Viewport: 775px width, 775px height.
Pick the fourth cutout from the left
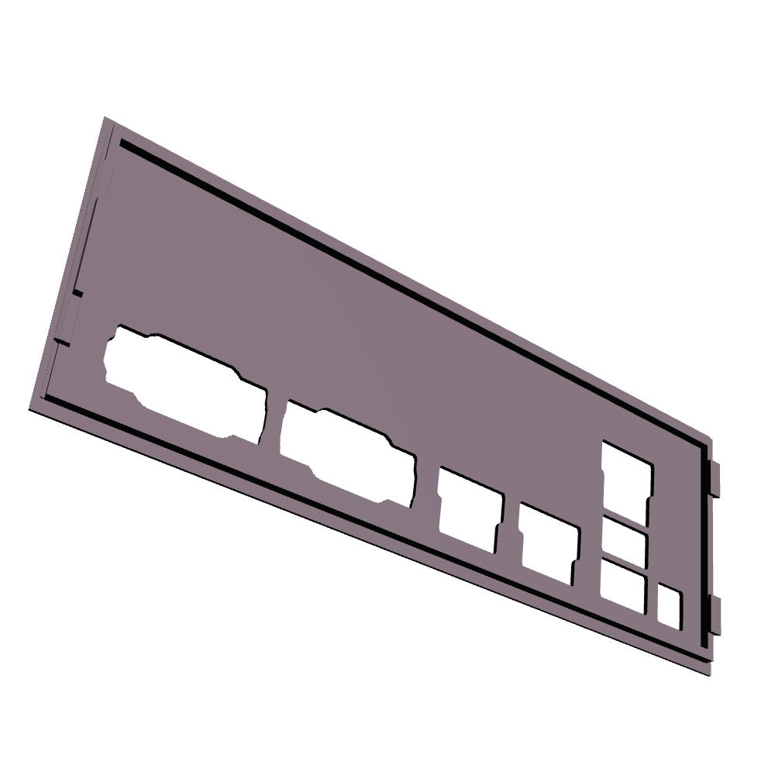pos(549,542)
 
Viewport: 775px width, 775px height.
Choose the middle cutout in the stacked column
pos(625,542)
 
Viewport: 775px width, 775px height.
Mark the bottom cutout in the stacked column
pos(623,586)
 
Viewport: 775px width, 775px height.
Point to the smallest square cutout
pos(670,606)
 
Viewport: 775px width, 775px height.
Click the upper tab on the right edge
pos(715,478)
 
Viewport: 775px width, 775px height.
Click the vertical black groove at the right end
pos(704,542)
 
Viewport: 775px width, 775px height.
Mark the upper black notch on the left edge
pos(77,292)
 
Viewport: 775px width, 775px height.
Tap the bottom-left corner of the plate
pos(31,408)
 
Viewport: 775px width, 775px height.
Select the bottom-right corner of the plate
pos(709,673)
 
